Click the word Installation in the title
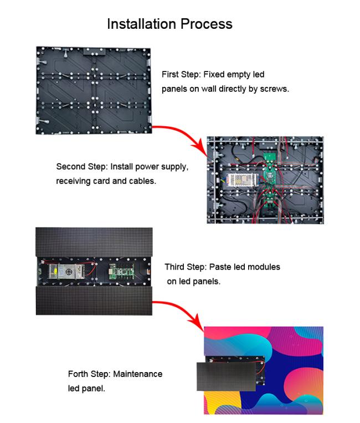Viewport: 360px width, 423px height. click(x=142, y=24)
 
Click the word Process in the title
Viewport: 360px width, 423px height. click(x=207, y=24)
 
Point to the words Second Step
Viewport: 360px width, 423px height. click(x=80, y=167)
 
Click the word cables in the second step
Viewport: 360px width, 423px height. click(x=140, y=180)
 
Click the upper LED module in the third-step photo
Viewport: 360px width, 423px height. click(x=94, y=241)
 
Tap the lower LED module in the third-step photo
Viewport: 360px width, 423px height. click(x=94, y=301)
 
